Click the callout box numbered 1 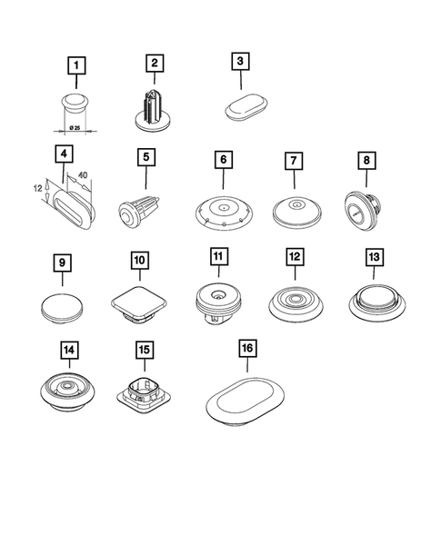click(x=77, y=64)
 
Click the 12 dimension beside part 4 click(x=37, y=189)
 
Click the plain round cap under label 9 click(x=61, y=305)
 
